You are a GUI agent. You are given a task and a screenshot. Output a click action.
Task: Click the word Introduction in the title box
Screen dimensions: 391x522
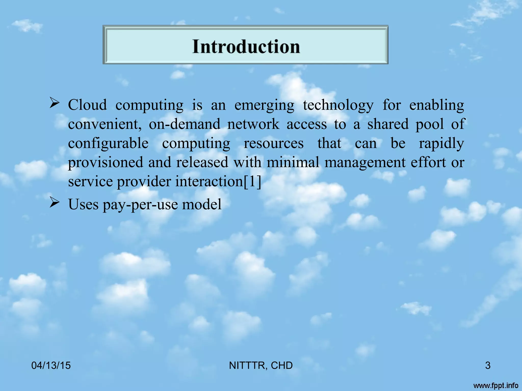[x=246, y=47]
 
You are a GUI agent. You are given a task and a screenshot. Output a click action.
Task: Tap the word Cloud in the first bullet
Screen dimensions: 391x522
[x=87, y=105]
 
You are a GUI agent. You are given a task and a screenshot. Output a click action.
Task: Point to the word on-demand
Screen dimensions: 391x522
[x=185, y=124]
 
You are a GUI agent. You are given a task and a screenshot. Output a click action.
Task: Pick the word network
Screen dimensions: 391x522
[x=253, y=124]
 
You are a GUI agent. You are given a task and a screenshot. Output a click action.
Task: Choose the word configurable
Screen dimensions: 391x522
[x=108, y=143]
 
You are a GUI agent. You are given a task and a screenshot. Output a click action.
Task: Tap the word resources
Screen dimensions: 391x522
[x=273, y=143]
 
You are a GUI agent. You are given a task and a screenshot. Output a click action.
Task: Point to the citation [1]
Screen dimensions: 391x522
[x=252, y=182]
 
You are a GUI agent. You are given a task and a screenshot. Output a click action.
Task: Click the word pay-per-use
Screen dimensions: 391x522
[x=140, y=205]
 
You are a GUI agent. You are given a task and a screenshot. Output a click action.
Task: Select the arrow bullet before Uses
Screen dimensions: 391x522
[x=55, y=203]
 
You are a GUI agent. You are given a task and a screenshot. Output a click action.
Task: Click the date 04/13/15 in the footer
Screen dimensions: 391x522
[x=51, y=366]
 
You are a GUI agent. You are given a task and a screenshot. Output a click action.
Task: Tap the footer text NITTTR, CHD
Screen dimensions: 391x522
[x=261, y=366]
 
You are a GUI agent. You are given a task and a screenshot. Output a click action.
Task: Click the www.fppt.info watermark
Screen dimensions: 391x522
[x=496, y=386]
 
